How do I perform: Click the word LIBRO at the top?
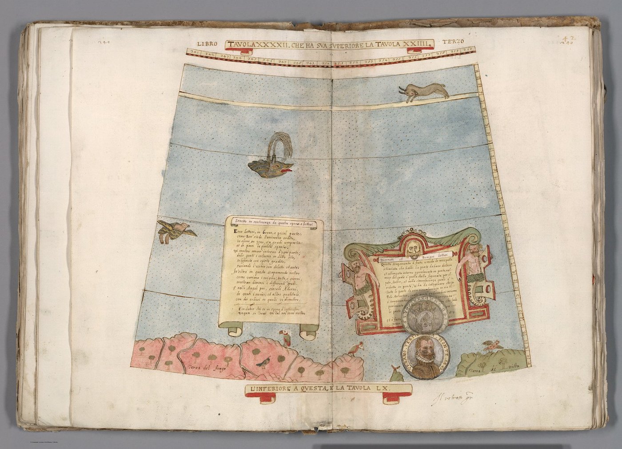click(206, 43)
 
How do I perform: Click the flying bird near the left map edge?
click(175, 231)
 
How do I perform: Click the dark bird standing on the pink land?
click(265, 363)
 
